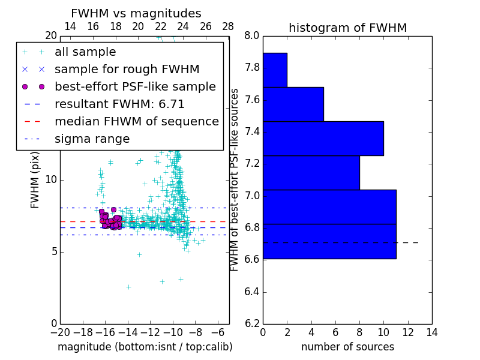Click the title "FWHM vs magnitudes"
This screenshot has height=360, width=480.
click(x=136, y=13)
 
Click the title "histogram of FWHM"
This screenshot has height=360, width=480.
click(x=347, y=28)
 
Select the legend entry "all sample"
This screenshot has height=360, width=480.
click(x=85, y=52)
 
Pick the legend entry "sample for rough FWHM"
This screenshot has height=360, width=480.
click(x=127, y=69)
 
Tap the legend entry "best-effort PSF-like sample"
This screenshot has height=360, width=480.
click(x=135, y=86)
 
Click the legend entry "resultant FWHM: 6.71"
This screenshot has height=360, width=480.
click(x=119, y=104)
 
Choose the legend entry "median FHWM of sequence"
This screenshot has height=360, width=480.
click(x=136, y=121)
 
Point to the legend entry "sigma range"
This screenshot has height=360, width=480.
click(x=92, y=139)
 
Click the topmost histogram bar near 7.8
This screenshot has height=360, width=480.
click(x=275, y=70)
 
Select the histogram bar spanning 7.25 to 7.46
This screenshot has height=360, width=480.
click(x=323, y=138)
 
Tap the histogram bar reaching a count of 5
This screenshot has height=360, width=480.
click(x=293, y=104)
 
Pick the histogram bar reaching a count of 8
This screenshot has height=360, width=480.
click(x=311, y=173)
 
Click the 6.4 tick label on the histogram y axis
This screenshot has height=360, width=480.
click(x=251, y=292)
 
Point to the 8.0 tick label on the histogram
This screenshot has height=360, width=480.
click(x=251, y=35)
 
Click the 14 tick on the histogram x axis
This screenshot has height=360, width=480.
click(x=431, y=332)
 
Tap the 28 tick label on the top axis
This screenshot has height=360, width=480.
click(x=228, y=26)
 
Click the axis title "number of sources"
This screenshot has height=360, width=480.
click(x=347, y=347)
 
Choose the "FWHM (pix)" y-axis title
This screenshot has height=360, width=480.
click(x=35, y=180)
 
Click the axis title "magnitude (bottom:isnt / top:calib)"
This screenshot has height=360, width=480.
click(x=145, y=347)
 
